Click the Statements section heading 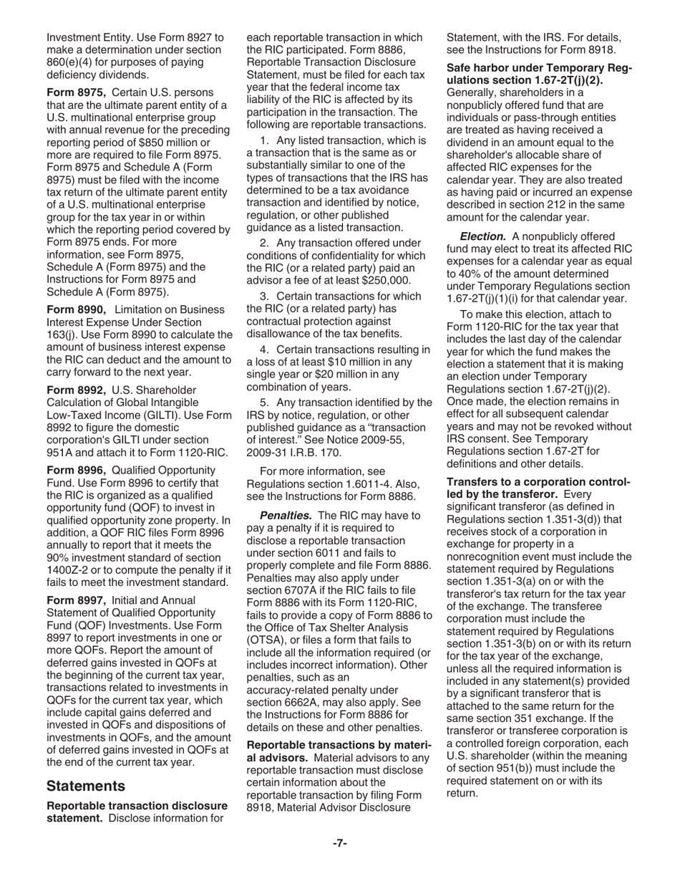pos(86,786)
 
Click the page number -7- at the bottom pos(339,843)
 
